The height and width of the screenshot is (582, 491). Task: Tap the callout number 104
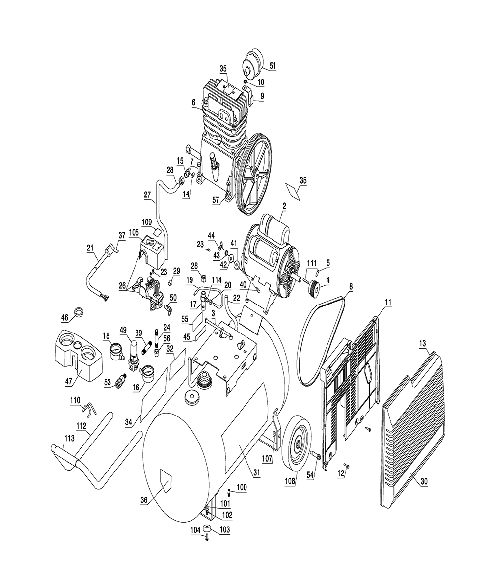click(195, 531)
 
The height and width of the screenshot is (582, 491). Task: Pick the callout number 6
click(193, 102)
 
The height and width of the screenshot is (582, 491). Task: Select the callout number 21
click(90, 249)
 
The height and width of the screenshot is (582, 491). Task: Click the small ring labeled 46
click(79, 312)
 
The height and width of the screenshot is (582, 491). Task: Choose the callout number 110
click(75, 401)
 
